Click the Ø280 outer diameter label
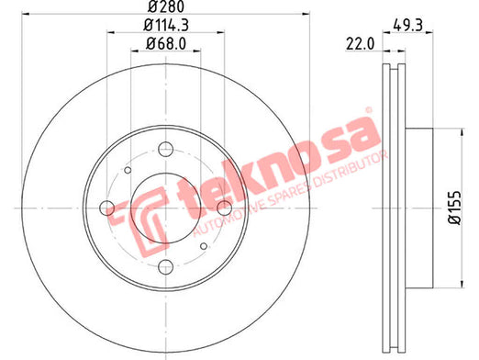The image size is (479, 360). [x=166, y=6]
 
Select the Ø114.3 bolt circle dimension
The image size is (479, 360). [x=166, y=26]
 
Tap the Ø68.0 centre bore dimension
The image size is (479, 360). [x=166, y=44]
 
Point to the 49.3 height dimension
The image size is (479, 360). [x=407, y=26]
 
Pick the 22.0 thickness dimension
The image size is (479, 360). [x=360, y=44]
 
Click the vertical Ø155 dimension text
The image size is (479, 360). [x=454, y=208]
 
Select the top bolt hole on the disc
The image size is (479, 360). [x=165, y=150]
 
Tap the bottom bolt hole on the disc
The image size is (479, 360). [x=165, y=266]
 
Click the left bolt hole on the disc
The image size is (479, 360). [x=107, y=208]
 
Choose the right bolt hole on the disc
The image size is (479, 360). [x=224, y=208]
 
